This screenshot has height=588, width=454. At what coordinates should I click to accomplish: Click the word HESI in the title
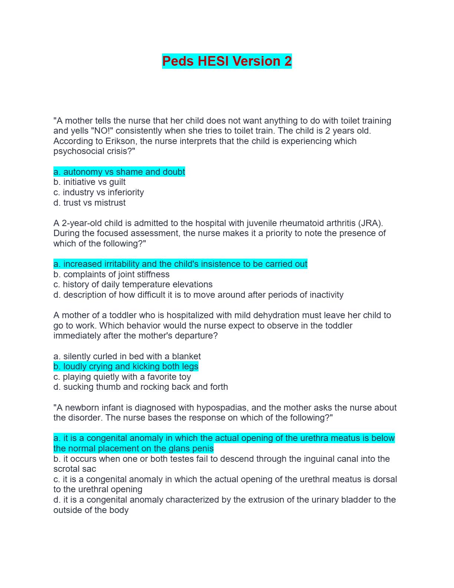point(213,61)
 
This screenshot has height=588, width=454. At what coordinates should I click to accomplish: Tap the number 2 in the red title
point(288,61)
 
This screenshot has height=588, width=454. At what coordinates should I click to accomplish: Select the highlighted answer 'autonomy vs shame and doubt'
point(119,172)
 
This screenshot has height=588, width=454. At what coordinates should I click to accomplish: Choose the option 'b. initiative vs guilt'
point(89,182)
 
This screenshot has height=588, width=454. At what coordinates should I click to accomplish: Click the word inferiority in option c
point(126,192)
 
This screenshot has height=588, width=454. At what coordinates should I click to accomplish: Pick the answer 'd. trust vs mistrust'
point(89,203)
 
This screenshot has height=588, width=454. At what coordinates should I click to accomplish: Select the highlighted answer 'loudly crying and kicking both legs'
point(126,366)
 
